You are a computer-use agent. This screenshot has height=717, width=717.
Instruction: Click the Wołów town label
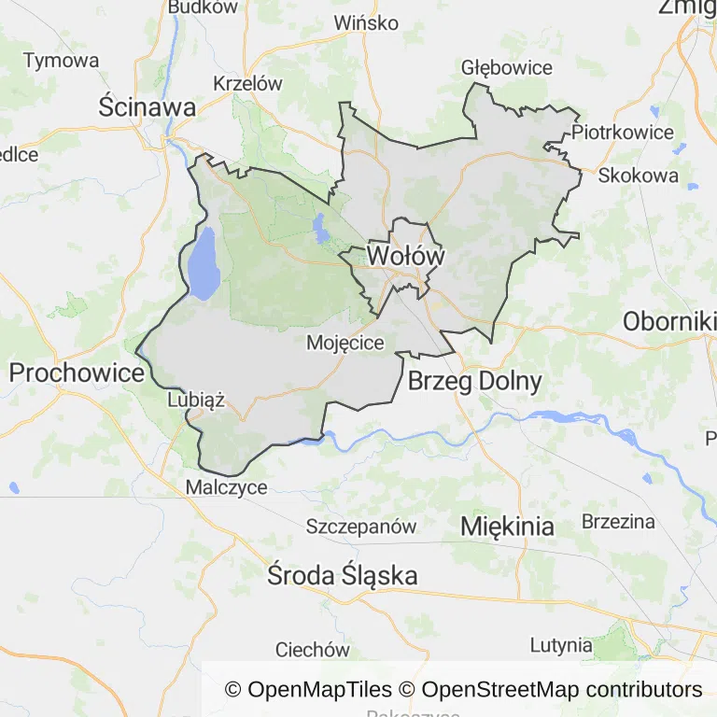(405, 255)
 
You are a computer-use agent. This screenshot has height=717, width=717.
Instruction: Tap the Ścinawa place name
(148, 107)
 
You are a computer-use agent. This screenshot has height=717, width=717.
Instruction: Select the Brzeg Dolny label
(474, 381)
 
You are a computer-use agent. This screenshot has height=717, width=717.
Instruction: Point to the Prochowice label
(77, 373)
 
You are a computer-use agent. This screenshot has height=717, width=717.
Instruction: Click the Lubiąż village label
(196, 400)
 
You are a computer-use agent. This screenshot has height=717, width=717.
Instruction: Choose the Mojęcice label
(345, 343)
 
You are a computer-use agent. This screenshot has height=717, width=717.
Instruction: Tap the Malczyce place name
(227, 487)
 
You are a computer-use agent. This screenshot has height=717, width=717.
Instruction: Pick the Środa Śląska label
(342, 575)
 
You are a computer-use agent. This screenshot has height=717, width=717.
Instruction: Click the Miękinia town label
(507, 527)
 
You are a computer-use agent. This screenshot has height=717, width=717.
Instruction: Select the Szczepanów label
(361, 527)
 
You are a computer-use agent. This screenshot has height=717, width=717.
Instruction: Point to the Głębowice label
(507, 68)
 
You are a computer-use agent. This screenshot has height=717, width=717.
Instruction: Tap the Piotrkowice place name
(623, 132)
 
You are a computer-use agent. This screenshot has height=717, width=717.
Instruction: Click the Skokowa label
(639, 176)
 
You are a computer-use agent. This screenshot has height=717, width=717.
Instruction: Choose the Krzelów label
(247, 83)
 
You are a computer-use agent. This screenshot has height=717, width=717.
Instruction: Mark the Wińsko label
(366, 22)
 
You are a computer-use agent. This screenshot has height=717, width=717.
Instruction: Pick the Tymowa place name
(61, 61)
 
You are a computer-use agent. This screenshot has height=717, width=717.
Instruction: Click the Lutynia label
(561, 645)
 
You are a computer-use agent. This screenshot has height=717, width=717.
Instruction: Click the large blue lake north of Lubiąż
(204, 264)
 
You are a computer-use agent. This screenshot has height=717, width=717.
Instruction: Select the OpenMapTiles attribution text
(308, 690)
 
